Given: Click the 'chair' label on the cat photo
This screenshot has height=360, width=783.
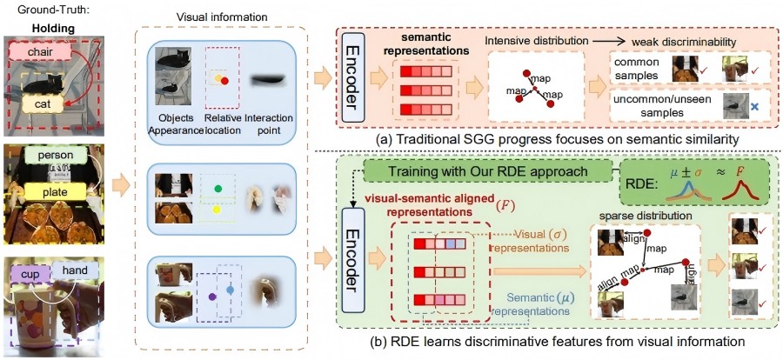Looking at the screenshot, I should (x=38, y=54).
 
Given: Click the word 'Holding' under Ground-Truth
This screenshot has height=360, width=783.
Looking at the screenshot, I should (x=51, y=26).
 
